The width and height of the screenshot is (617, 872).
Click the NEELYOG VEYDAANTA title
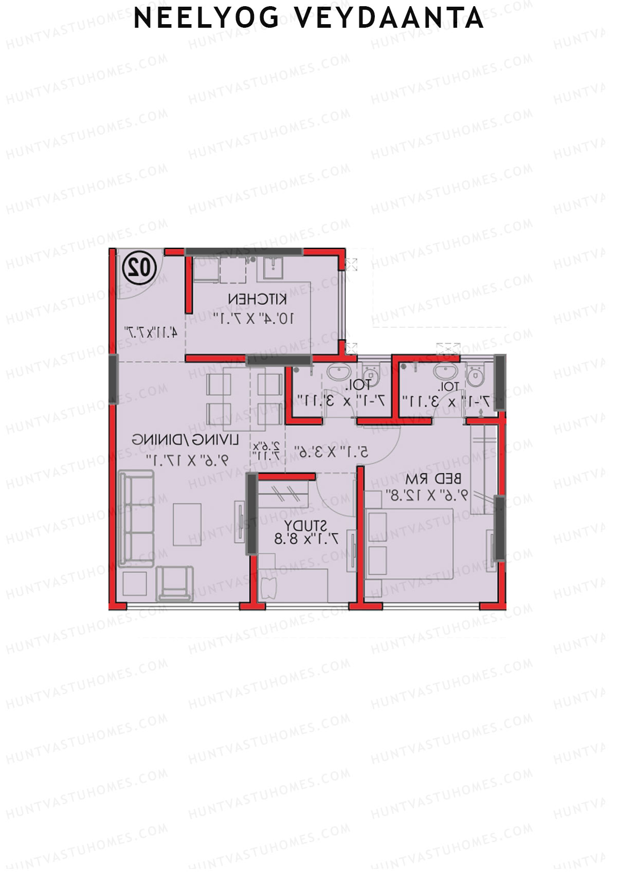pyautogui.click(x=308, y=18)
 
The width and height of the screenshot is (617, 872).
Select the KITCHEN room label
pyautogui.click(x=257, y=299)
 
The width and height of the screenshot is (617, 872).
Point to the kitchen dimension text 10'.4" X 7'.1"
pyautogui.click(x=254, y=318)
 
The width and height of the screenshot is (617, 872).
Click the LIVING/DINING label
pyautogui.click(x=186, y=440)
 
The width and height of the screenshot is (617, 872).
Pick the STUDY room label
pyautogui.click(x=305, y=525)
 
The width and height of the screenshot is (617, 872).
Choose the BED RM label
pyautogui.click(x=433, y=479)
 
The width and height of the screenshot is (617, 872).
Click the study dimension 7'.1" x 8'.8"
pyautogui.click(x=306, y=539)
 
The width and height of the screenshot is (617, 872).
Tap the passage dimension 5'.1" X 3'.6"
pyautogui.click(x=332, y=452)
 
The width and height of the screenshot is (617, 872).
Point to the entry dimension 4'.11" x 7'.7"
pyautogui.click(x=151, y=332)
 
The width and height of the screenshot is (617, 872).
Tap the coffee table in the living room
pyautogui.click(x=187, y=524)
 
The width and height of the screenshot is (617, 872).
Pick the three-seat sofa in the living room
pyautogui.click(x=136, y=519)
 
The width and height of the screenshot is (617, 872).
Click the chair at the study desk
pyautogui.click(x=269, y=588)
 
